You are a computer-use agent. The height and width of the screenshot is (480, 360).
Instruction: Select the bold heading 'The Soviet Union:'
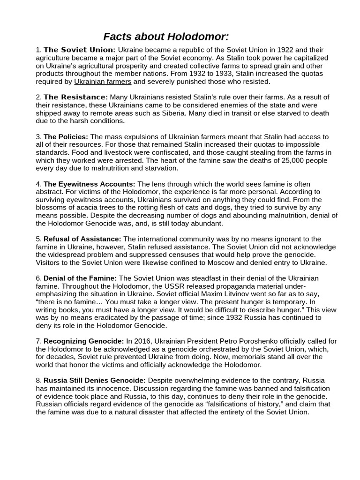click(x=79, y=50)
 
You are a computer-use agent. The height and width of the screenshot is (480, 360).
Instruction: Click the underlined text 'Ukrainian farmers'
click(x=103, y=82)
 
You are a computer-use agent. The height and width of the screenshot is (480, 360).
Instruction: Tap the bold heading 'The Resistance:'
click(x=76, y=97)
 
